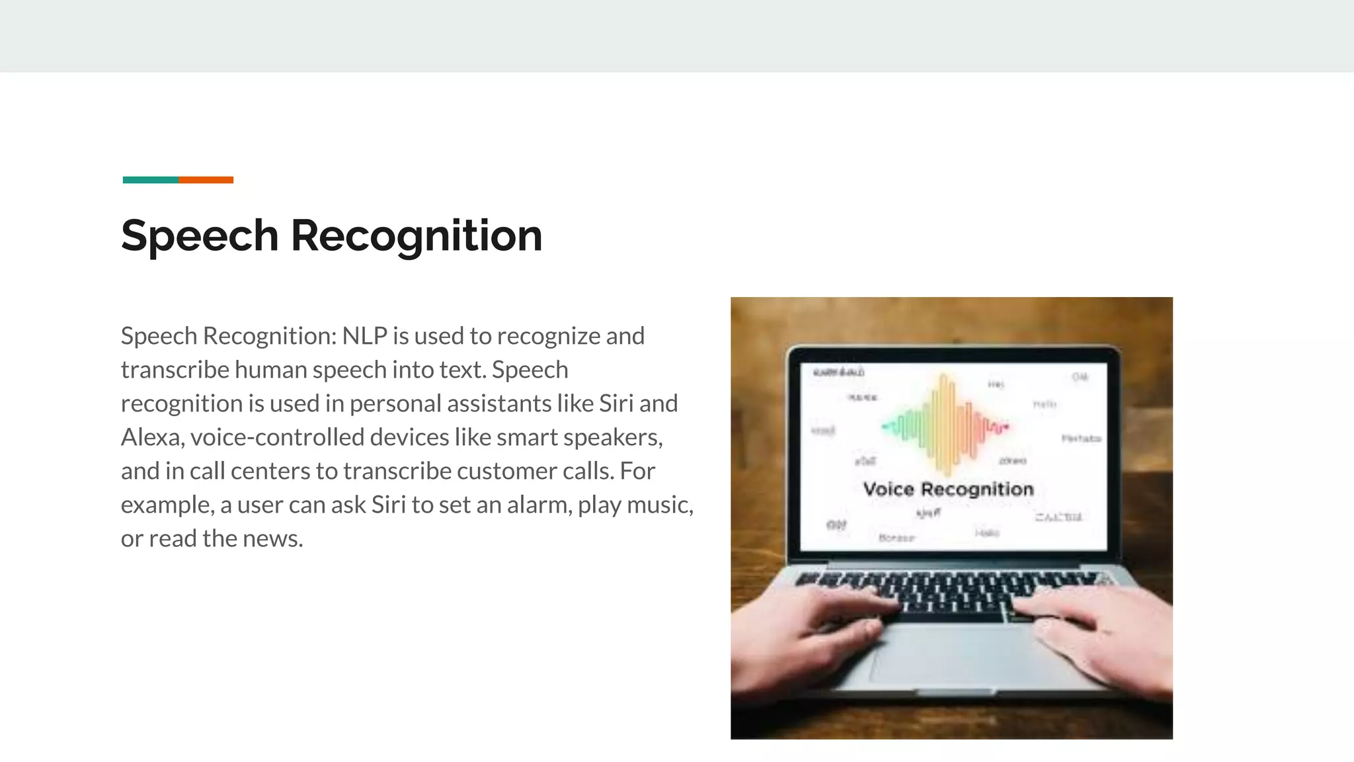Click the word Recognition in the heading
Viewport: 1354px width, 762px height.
point(417,236)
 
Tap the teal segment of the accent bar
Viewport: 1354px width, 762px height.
point(151,180)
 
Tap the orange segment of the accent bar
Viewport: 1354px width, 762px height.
point(206,180)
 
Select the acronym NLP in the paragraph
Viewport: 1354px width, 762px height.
point(364,336)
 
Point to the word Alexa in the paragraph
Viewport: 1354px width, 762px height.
point(151,437)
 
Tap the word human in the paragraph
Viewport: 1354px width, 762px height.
point(270,370)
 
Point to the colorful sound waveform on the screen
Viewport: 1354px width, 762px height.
point(946,424)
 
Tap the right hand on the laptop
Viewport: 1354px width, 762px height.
point(1097,635)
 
